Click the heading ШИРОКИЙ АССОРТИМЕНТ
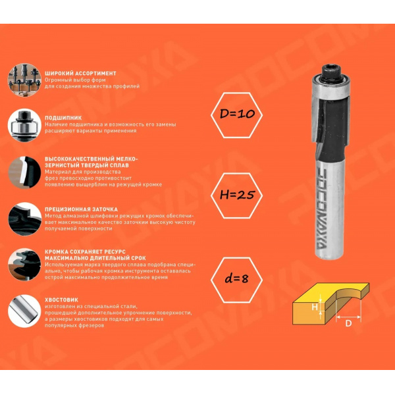[80, 74]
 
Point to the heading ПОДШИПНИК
[63, 118]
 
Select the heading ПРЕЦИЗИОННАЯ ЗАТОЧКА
[81, 209]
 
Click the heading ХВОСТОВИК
[61, 300]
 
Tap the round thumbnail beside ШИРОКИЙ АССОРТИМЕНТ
[24, 80]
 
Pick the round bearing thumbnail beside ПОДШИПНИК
[24, 125]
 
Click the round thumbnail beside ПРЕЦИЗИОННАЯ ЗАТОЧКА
[24, 219]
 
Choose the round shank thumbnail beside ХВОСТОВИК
[24, 311]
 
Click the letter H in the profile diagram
[315, 307]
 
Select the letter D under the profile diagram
[348, 323]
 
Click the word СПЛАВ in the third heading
[120, 165]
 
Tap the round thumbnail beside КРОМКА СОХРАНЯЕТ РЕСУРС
[24, 265]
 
